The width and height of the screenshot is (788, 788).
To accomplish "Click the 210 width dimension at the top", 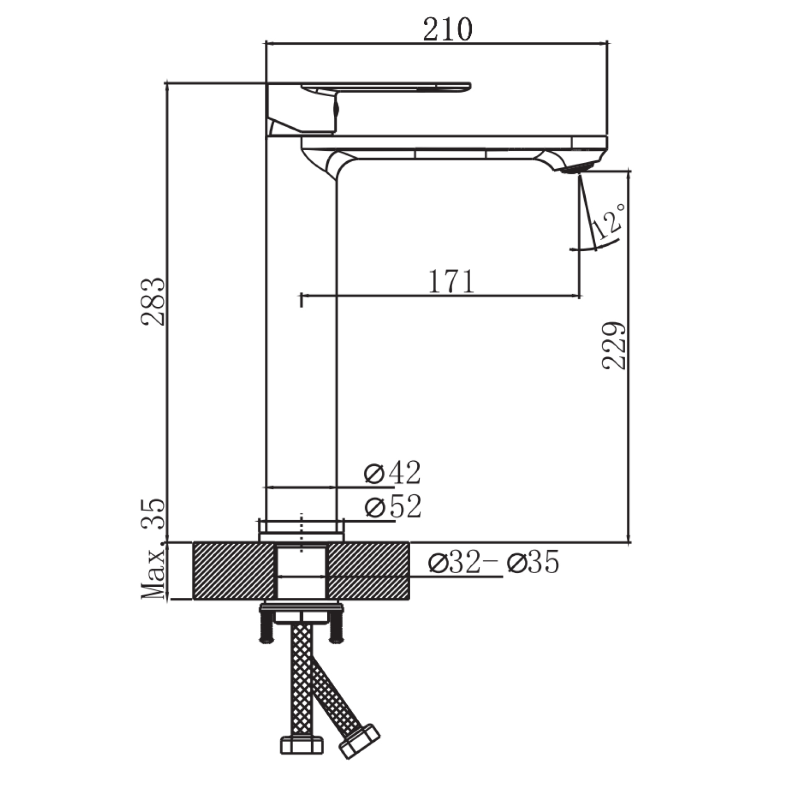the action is pyautogui.click(x=448, y=29).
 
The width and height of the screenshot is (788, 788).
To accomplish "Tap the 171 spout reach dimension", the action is pyautogui.click(x=452, y=282).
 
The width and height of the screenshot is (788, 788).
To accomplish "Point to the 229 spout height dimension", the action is pyautogui.click(x=614, y=346).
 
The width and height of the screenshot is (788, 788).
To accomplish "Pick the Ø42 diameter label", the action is pyautogui.click(x=392, y=473).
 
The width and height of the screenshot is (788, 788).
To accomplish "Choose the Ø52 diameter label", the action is pyautogui.click(x=392, y=507).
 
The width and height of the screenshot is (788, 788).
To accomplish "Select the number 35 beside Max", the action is pyautogui.click(x=154, y=513).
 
